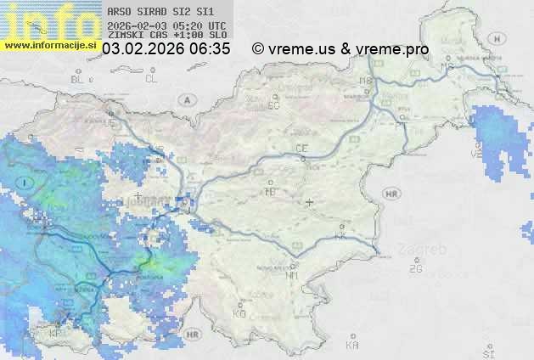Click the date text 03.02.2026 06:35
[166, 49]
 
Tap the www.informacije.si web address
[50, 44]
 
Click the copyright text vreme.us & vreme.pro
[340, 49]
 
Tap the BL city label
[78, 79]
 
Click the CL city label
[151, 79]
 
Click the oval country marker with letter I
[26, 182]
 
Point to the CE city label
[301, 149]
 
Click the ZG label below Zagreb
[415, 269]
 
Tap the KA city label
[352, 346]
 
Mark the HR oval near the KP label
[194, 335]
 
